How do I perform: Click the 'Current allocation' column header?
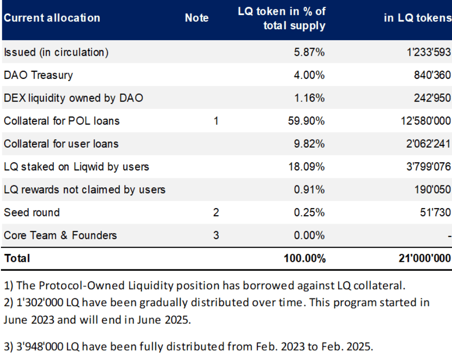(52, 18)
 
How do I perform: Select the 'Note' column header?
(196, 18)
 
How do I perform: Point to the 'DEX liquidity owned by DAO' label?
(73, 98)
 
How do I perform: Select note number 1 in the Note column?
(216, 121)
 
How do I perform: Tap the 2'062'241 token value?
(425, 144)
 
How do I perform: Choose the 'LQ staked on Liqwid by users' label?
(77, 167)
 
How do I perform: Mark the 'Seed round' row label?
(32, 212)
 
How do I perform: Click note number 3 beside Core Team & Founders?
(216, 235)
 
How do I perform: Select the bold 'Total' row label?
(17, 258)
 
